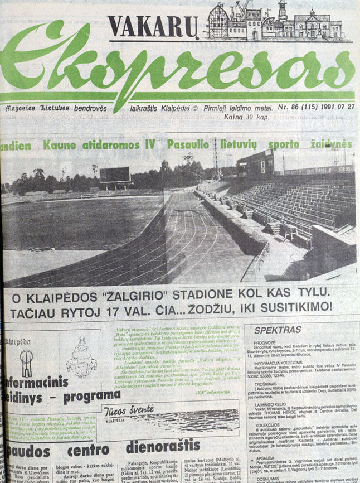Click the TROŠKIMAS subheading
coord(265,384)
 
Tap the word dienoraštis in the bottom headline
coord(162,446)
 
